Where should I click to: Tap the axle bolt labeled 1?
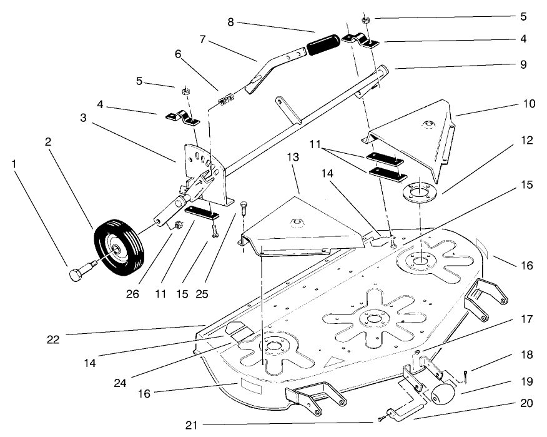tap(77, 272)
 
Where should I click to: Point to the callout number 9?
tap(523, 64)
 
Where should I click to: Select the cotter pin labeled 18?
tap(466, 374)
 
